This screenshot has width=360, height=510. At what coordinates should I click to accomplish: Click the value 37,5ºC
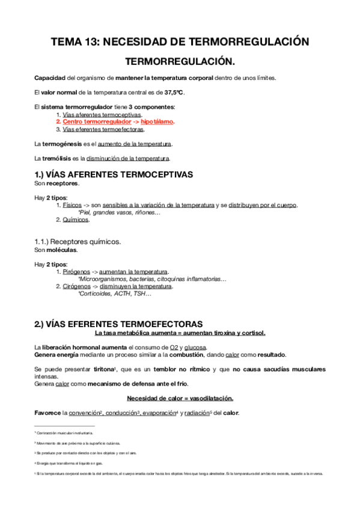175,92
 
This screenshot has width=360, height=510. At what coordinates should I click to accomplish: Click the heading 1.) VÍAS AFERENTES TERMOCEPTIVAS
114,174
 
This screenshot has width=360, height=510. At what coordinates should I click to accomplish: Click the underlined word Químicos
76,220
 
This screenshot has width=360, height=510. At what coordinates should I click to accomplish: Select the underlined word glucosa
195,347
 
